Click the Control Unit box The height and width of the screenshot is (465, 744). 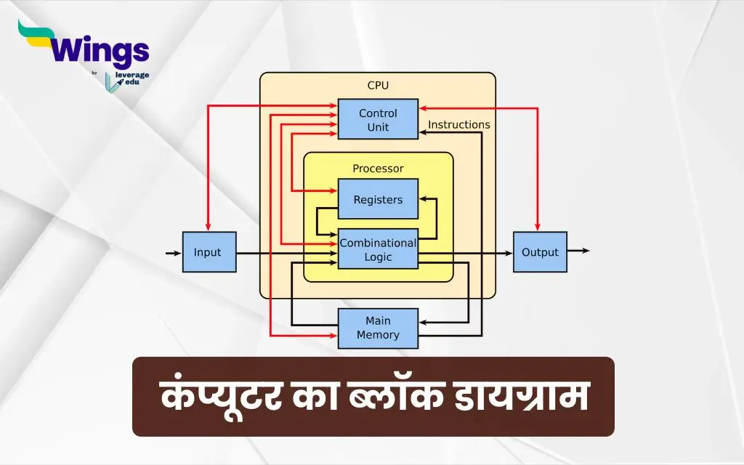click(378, 119)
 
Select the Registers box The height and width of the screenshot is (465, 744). click(378, 199)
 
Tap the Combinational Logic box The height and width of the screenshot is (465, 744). click(378, 248)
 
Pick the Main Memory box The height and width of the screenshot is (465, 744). click(378, 328)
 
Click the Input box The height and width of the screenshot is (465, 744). click(209, 252)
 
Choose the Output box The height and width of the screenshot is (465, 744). click(540, 252)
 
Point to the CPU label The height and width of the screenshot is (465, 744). click(378, 86)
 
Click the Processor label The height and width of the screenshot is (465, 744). click(378, 169)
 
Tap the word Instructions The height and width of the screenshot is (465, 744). click(459, 124)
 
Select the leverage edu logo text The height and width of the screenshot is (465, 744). click(132, 78)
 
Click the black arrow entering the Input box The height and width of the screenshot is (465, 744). click(174, 253)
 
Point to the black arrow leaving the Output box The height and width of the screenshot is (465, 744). click(578, 251)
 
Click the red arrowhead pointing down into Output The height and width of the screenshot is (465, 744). click(537, 227)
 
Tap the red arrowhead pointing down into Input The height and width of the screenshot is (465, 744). click(208, 227)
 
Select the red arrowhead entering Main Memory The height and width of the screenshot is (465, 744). click(332, 336)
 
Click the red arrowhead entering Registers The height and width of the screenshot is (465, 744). click(332, 191)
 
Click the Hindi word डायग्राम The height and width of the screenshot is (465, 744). click(522, 397)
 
